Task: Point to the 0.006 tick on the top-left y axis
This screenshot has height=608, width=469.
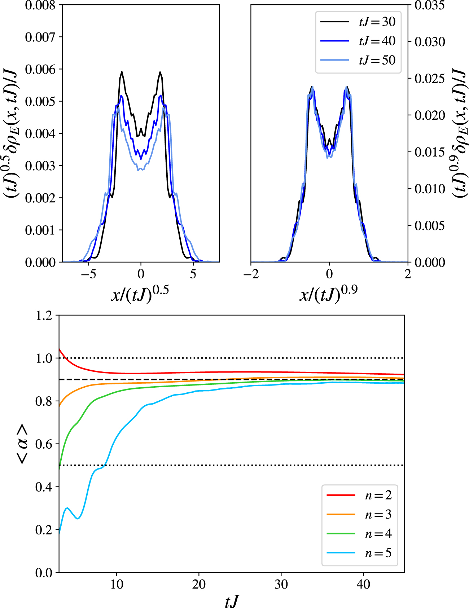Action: pyautogui.click(x=40, y=69)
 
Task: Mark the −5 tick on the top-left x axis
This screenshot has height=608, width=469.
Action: pyautogui.click(x=88, y=274)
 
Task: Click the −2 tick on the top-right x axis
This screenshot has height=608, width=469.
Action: pyautogui.click(x=251, y=274)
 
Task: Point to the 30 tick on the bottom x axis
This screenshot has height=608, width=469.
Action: pyautogui.click(x=281, y=584)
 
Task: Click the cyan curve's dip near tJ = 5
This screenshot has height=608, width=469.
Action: pyautogui.click(x=78, y=518)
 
